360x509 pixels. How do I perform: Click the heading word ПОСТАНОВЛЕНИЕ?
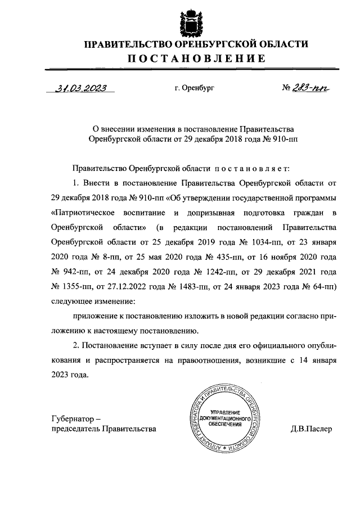coord(195,58)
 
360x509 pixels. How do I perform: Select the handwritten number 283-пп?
coord(310,88)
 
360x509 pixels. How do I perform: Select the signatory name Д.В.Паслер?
coord(312,429)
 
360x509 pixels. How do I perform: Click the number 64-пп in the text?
coord(323,286)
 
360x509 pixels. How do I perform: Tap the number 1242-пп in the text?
coord(212,272)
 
